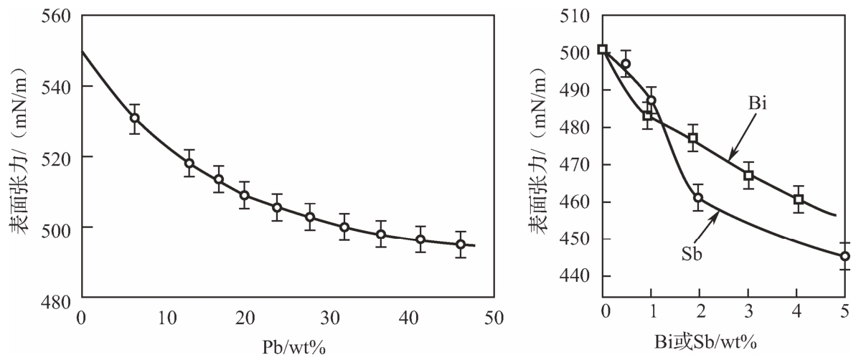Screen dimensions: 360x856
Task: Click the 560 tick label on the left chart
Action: (x=55, y=15)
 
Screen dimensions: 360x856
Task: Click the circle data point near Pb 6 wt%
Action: (x=134, y=118)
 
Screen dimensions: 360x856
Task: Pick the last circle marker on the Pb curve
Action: (x=461, y=245)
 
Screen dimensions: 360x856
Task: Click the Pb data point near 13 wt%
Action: (x=189, y=164)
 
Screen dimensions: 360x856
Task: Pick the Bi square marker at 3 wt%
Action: (x=748, y=176)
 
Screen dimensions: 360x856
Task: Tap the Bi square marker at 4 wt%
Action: (x=799, y=199)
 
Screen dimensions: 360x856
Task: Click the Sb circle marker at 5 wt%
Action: (x=845, y=256)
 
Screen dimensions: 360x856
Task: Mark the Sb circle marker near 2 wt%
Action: (x=698, y=198)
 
